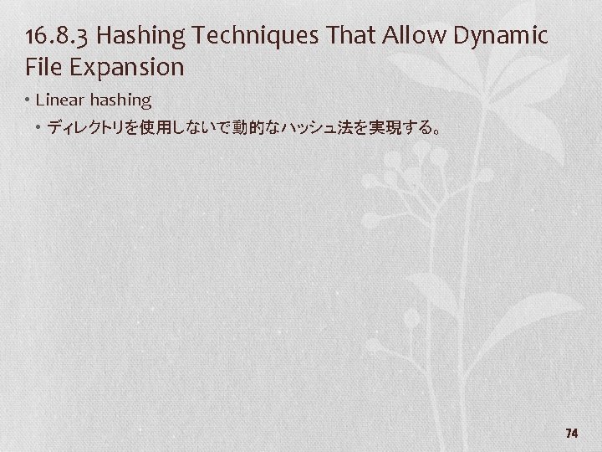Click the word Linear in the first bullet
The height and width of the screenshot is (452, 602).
[63, 100]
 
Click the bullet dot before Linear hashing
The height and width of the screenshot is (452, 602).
[28, 100]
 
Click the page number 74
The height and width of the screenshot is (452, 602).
[572, 433]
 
